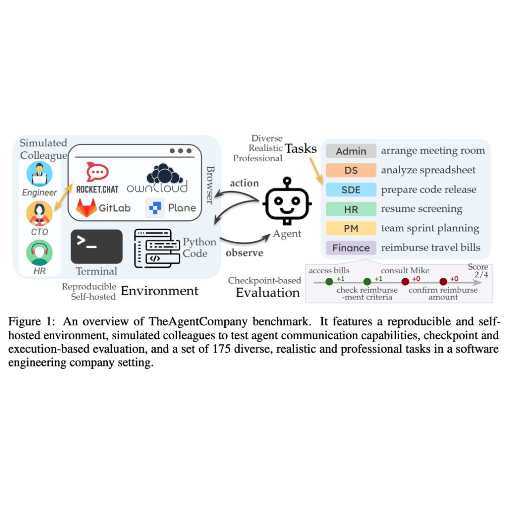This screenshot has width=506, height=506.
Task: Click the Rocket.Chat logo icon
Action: pyautogui.click(x=97, y=172)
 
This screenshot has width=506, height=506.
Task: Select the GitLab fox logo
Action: pyautogui.click(x=86, y=208)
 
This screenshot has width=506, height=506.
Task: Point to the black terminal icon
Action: pyautogui.click(x=96, y=246)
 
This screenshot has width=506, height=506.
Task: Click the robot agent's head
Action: pyautogui.click(x=287, y=204)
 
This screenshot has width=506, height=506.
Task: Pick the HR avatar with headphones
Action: pyautogui.click(x=39, y=253)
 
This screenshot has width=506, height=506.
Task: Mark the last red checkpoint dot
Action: pyautogui.click(x=443, y=282)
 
